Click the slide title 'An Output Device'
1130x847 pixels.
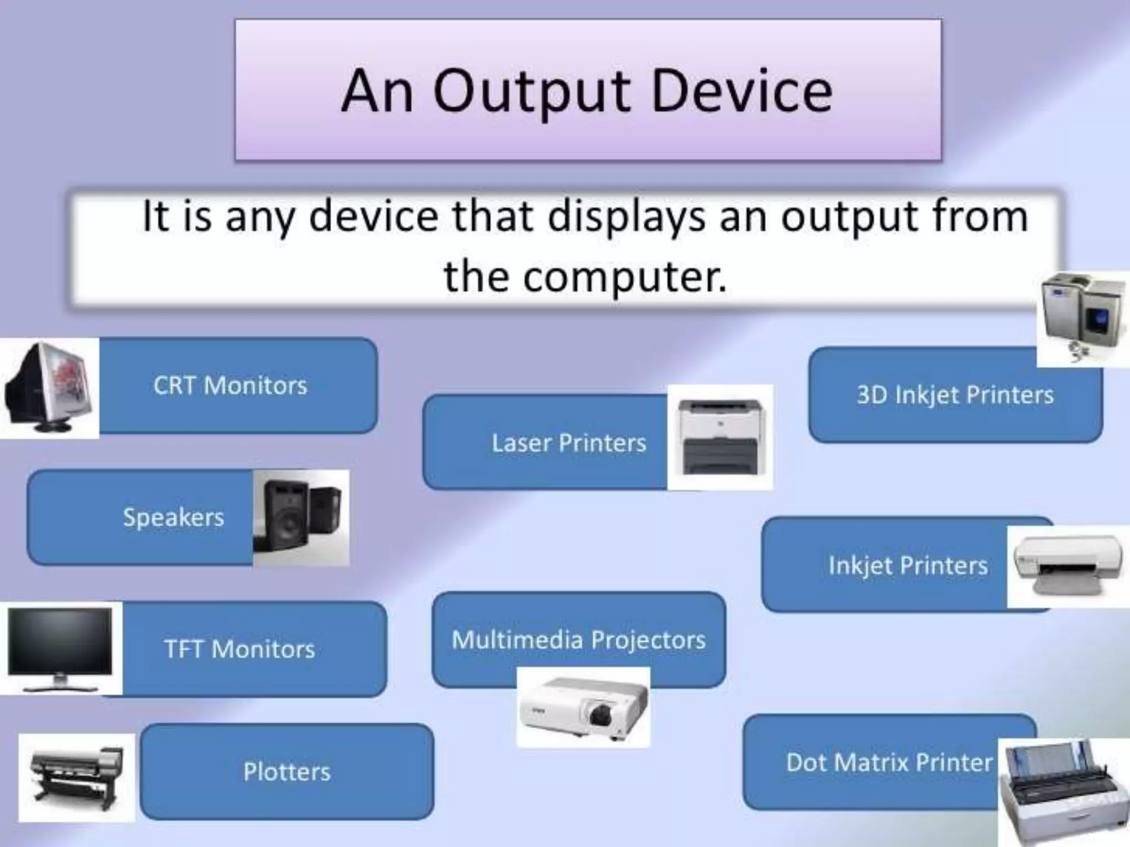[x=587, y=91]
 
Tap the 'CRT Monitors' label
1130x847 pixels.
[x=230, y=385]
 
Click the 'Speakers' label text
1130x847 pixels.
[x=173, y=517]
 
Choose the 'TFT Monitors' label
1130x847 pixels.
[x=239, y=649]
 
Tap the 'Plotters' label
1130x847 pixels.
[x=287, y=771]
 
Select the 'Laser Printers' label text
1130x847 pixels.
[x=569, y=443]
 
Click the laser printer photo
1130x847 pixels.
[x=719, y=437]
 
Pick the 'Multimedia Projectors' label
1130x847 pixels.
[x=578, y=640]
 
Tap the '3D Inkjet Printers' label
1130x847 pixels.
[x=955, y=395]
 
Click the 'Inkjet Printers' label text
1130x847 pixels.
[x=908, y=565]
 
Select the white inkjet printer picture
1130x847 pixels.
[x=1068, y=566]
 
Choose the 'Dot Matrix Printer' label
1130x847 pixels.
[x=889, y=763]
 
